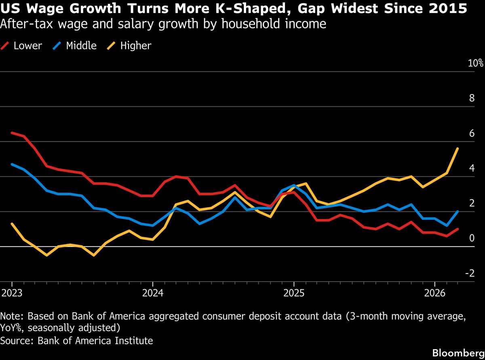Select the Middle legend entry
point(81,46)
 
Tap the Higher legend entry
point(135,46)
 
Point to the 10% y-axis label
point(476,63)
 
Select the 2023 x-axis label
point(12,293)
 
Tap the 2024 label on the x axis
point(152,293)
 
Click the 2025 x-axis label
point(294,293)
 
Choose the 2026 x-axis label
point(434,293)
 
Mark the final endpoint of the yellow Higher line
point(458,149)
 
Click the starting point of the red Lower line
point(12,133)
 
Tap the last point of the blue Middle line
point(458,211)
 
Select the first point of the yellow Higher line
point(12,223)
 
